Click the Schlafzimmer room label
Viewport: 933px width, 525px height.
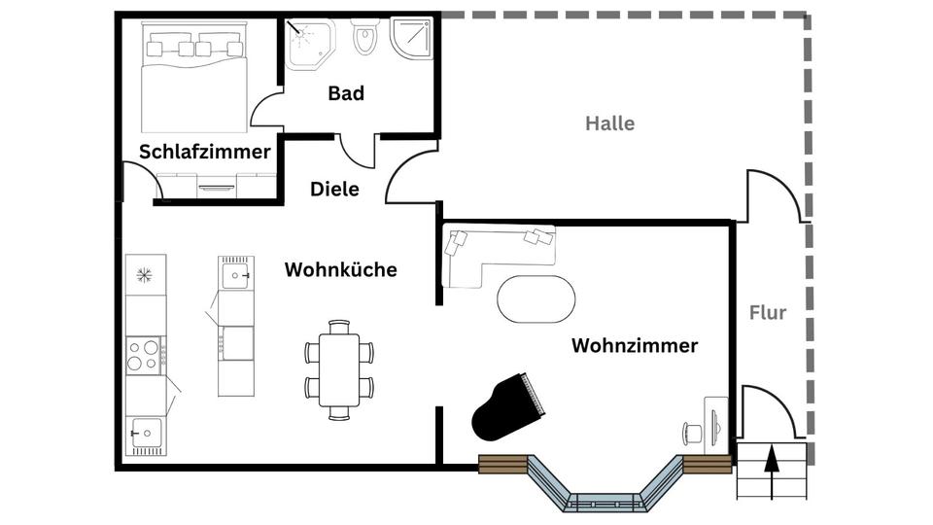tap(204, 152)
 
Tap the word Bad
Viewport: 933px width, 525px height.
tap(346, 93)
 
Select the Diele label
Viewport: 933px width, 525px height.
tap(334, 189)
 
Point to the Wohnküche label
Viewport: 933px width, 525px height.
tap(340, 269)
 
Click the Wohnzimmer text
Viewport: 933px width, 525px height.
tap(634, 345)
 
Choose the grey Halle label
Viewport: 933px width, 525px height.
tap(609, 123)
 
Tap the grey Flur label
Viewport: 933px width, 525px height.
tap(768, 312)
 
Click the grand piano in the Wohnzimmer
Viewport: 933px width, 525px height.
tap(509, 408)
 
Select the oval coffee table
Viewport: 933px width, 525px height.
tap(536, 298)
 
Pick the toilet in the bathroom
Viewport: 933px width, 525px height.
tap(364, 39)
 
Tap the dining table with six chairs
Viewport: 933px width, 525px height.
tap(338, 369)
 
